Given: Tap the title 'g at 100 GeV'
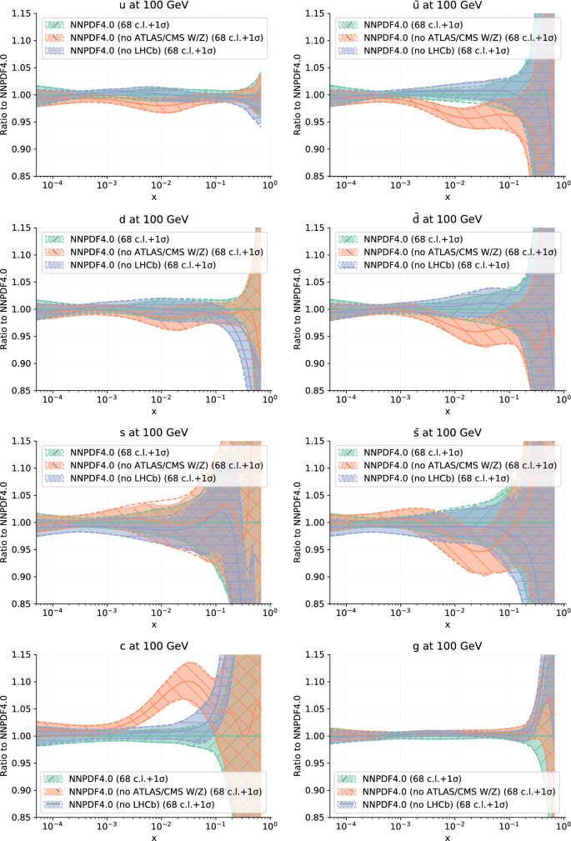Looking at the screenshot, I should pos(447,646).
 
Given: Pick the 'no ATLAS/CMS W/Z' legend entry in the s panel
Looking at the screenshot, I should pos(167,464).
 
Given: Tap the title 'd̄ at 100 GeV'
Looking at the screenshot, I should pos(447,219).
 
